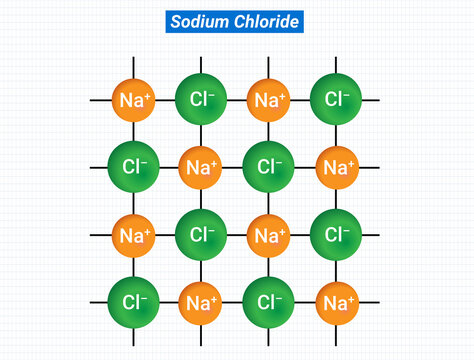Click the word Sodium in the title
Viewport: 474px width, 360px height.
point(196,22)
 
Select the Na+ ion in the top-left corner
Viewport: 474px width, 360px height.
point(135,100)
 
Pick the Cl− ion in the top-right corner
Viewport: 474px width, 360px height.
point(337,100)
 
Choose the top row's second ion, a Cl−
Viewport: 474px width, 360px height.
point(202,100)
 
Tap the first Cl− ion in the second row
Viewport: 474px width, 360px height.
point(135,167)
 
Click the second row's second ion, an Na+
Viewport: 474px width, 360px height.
point(202,167)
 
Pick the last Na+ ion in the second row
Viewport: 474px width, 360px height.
point(337,167)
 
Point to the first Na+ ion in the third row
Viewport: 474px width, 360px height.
point(135,236)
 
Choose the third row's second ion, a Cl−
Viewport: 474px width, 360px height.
point(202,236)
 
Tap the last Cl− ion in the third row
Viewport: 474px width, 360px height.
point(337,236)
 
